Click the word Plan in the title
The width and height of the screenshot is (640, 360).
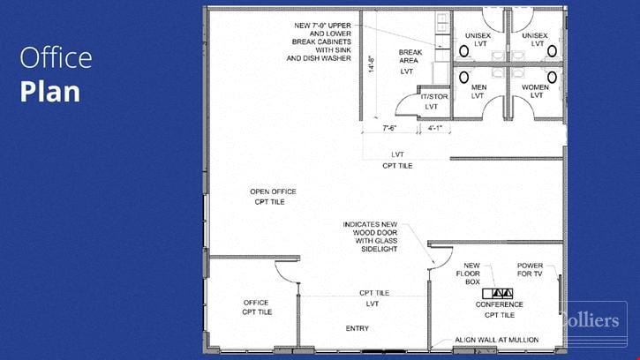[x=49, y=92]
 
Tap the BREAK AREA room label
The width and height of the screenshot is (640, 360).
[x=410, y=56]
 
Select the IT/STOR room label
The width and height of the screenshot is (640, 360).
[x=434, y=97]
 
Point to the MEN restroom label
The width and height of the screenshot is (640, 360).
[x=478, y=87]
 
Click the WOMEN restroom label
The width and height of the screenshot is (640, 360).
[x=535, y=87]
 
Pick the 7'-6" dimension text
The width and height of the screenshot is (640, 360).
[x=389, y=128]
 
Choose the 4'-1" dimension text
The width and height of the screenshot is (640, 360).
[x=435, y=128]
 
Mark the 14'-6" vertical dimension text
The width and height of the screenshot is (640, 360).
[x=372, y=64]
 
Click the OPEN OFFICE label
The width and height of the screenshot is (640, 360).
[x=273, y=191]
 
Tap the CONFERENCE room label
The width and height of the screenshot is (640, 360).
[x=499, y=304]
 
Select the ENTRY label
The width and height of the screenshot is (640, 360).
[x=358, y=328]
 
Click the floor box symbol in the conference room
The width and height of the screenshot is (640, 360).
[x=498, y=293]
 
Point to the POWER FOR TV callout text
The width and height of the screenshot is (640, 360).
[x=530, y=269]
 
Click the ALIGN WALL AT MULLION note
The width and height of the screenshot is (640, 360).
[x=497, y=340]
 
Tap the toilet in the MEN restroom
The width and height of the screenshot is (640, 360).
[x=463, y=77]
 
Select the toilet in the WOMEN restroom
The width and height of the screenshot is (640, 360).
[x=552, y=77]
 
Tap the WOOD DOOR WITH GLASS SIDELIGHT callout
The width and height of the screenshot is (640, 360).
[x=370, y=236]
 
